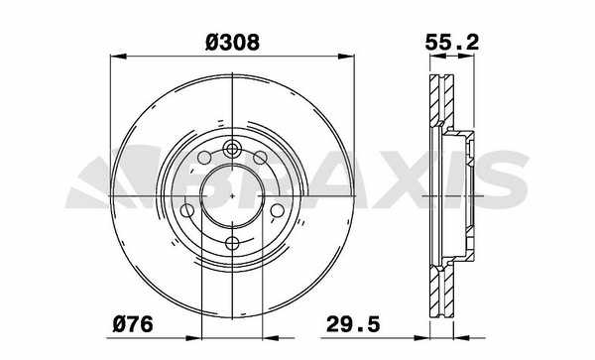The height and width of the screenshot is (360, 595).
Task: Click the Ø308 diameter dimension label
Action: pos(232,42)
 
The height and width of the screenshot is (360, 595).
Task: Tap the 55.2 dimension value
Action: pos(452,42)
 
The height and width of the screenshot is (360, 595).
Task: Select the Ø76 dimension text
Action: pos(133,324)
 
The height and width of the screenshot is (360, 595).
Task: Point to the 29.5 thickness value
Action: pos(353,324)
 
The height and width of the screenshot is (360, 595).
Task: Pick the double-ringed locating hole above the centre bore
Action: pos(232,149)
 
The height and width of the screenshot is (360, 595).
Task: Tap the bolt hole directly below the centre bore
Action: pos(232,243)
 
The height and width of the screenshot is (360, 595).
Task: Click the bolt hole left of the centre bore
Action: pos(187,210)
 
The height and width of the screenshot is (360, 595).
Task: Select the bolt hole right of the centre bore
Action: pos(278,210)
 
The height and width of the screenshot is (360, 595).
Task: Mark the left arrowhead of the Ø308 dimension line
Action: pos(118,57)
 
